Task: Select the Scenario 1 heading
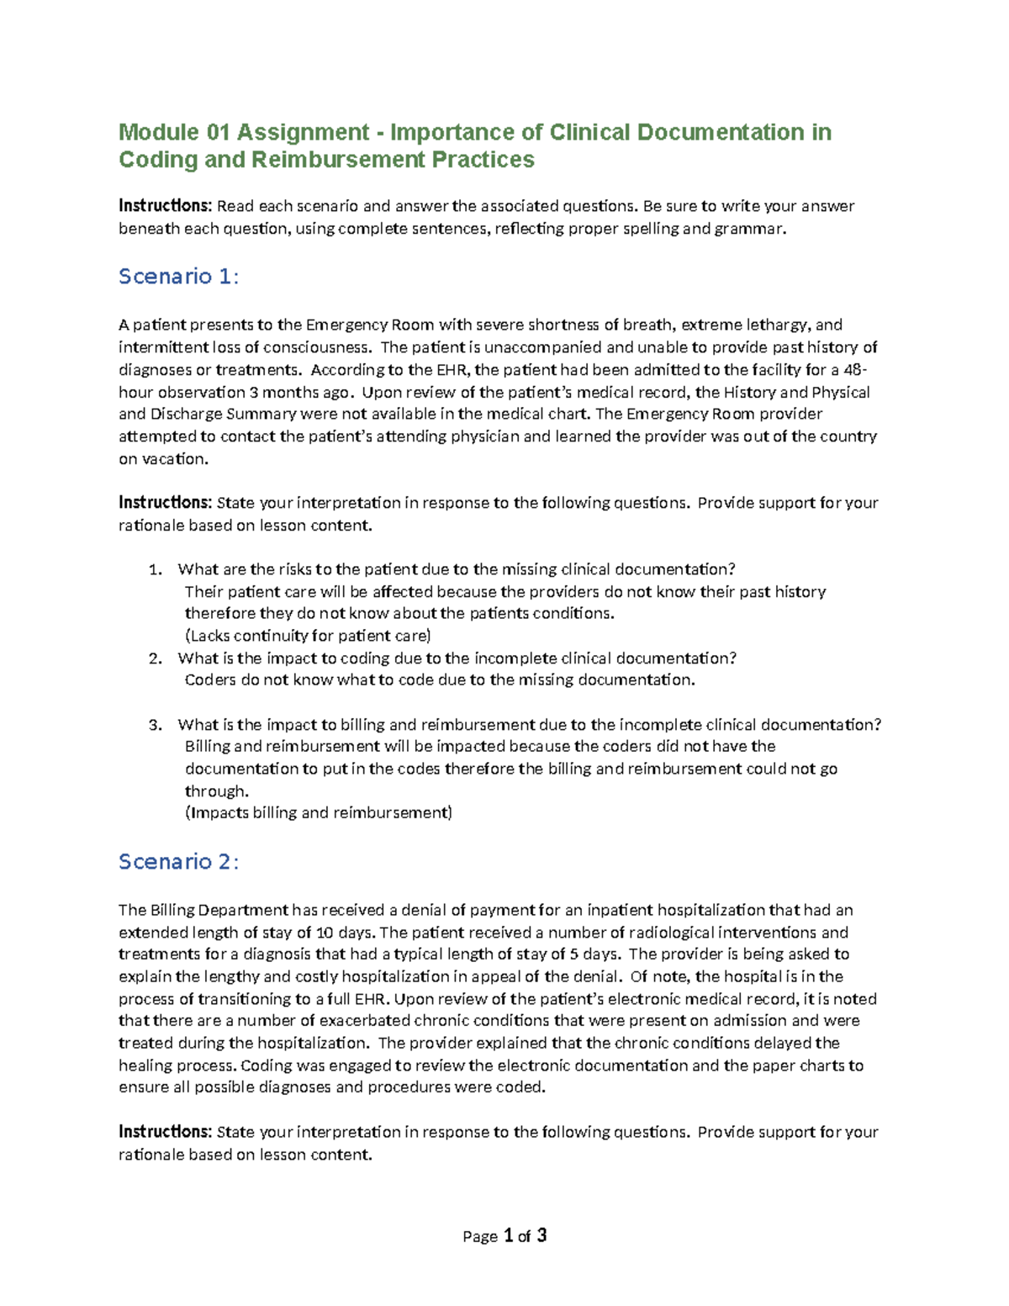click(178, 277)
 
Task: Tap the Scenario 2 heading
click(178, 862)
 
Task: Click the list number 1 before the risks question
click(154, 570)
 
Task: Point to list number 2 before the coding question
click(154, 658)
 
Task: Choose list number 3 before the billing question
click(154, 725)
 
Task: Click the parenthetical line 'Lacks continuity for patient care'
click(308, 636)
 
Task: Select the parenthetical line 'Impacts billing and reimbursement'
click(319, 813)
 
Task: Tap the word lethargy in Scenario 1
click(778, 325)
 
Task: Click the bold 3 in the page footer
click(541, 1235)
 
